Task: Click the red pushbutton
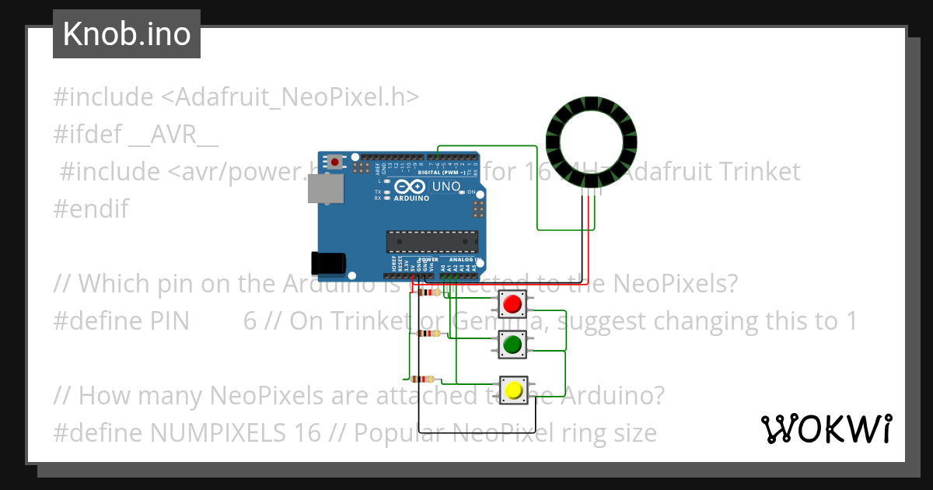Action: click(x=511, y=303)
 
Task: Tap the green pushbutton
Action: click(x=511, y=344)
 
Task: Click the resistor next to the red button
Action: click(x=428, y=292)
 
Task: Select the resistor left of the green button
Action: click(x=428, y=334)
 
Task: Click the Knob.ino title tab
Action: click(x=127, y=34)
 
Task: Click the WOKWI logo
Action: click(x=826, y=429)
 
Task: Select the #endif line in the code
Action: click(x=91, y=208)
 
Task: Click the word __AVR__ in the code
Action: click(x=173, y=135)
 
